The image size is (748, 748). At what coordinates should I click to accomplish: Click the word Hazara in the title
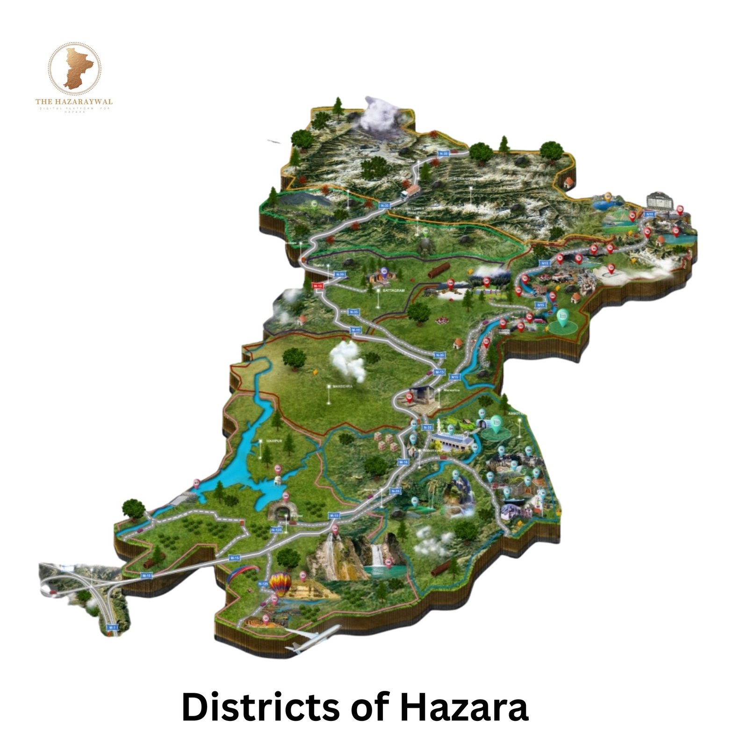tap(464, 707)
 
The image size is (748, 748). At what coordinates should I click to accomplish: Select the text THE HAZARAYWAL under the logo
tap(74, 101)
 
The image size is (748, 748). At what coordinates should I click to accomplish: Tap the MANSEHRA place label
tap(342, 386)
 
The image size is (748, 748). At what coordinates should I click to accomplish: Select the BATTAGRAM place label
tap(393, 290)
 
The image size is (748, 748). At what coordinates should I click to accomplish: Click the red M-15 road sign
tap(317, 285)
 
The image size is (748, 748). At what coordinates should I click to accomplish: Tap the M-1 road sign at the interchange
tap(112, 627)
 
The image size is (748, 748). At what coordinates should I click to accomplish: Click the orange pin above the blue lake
tap(607, 196)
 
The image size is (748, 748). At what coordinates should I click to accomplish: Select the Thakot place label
tap(318, 265)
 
